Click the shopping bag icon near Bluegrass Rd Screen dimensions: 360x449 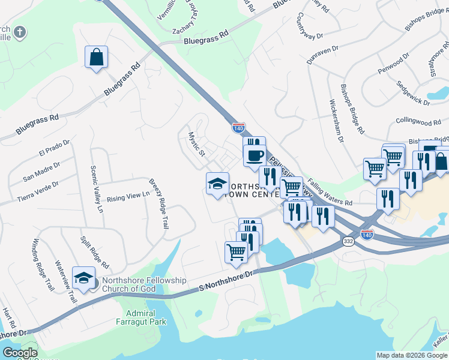point(96,58)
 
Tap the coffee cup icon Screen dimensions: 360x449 point(255,155)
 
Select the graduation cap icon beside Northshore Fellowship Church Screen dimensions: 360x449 point(84,277)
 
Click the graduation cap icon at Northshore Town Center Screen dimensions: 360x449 point(217,183)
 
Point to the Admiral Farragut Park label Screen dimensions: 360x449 point(141,318)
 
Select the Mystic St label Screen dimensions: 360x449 point(197,145)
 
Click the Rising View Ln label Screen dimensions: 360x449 point(128,196)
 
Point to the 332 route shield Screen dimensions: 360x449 point(348,241)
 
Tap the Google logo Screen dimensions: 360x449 point(20,353)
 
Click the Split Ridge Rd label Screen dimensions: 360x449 point(95,252)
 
